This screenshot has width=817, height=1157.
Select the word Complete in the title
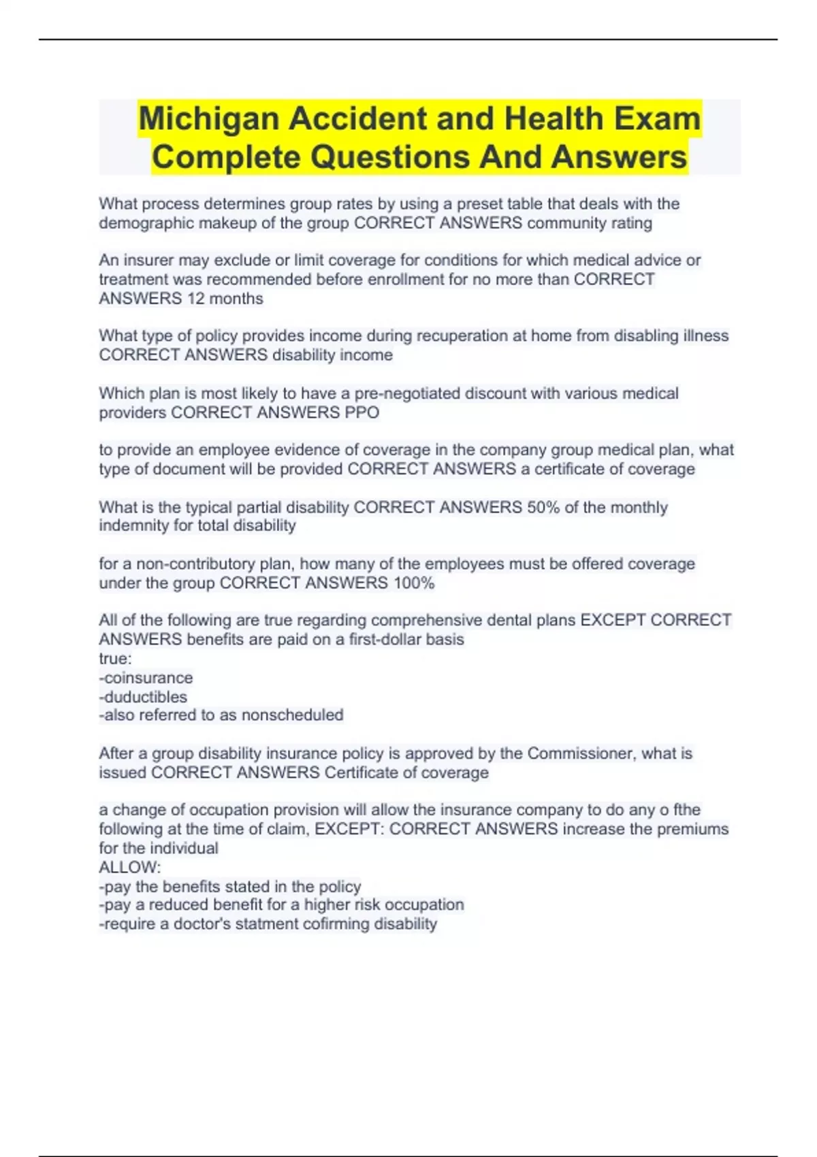click(227, 158)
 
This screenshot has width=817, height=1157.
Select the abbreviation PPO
click(362, 413)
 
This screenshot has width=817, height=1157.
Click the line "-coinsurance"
click(146, 678)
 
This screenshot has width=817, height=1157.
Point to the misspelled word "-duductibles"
click(143, 697)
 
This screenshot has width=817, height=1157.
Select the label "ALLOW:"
click(129, 868)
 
